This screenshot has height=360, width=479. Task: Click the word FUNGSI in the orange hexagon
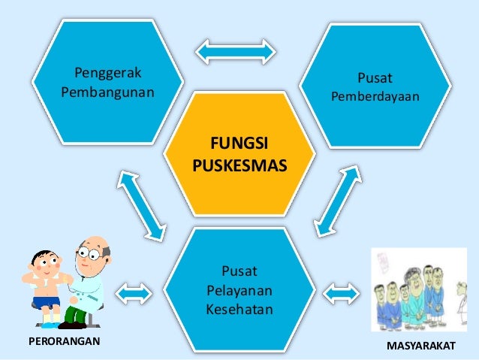pos(239,143)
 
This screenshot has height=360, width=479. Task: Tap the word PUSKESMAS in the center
pos(239,163)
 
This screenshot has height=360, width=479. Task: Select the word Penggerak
pos(110,74)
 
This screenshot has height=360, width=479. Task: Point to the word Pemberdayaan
pos(375,98)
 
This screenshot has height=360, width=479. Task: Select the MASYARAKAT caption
pos(420,348)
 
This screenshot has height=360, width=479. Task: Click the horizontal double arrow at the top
pos(235,50)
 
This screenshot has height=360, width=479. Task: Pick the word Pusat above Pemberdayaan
pos(375,78)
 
